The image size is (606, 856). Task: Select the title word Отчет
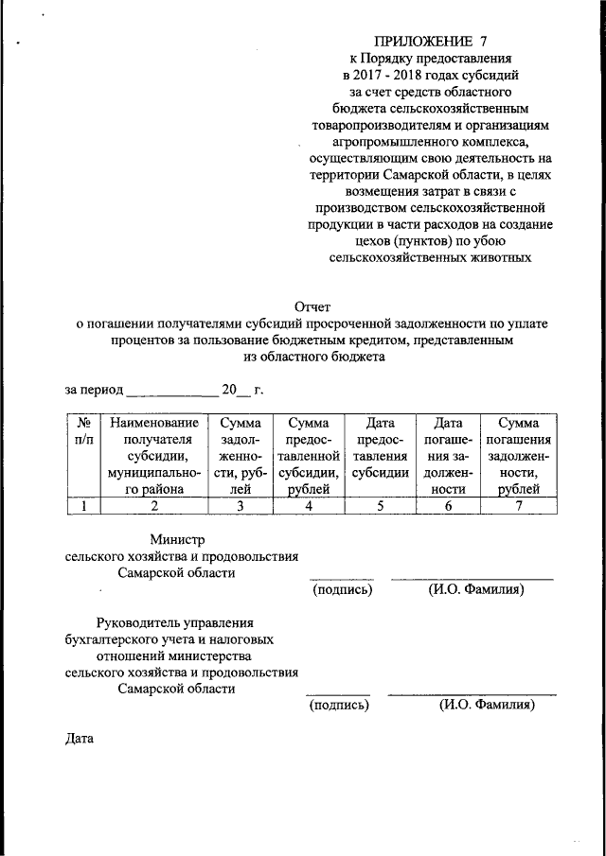pos(315,306)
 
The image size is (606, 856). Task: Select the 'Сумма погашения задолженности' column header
pos(518,455)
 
